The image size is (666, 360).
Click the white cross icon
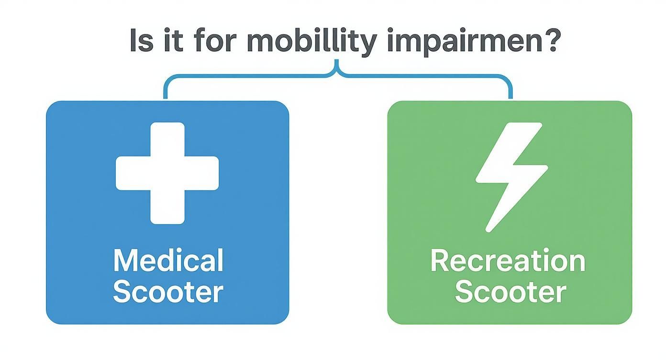click(167, 173)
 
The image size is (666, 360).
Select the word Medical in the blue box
click(168, 261)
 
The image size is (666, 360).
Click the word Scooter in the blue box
click(168, 292)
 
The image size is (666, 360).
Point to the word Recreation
click(508, 261)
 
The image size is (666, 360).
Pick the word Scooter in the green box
click(510, 292)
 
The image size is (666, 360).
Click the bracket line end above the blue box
click(166, 97)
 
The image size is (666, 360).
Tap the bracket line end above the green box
click(510, 97)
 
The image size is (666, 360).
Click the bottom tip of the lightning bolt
click(488, 230)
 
